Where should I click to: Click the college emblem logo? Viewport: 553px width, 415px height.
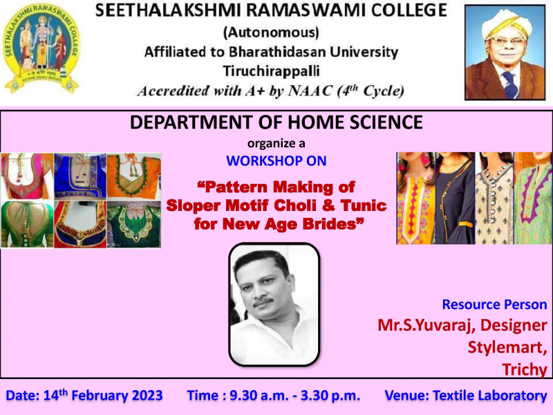click(41, 48)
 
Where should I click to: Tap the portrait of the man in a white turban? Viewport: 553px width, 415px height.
click(505, 53)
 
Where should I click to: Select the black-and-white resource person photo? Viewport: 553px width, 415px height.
click(274, 304)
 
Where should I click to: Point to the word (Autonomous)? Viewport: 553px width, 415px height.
click(271, 33)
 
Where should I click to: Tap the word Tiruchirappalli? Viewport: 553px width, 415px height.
click(271, 71)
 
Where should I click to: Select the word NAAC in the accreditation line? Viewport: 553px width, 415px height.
click(310, 91)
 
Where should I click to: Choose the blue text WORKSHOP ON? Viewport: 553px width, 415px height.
click(276, 161)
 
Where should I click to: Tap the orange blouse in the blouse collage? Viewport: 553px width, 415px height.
click(134, 176)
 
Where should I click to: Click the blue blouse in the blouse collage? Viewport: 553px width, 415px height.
click(80, 176)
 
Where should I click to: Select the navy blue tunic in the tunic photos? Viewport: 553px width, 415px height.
click(455, 198)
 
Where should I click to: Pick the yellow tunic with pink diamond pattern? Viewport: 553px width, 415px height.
click(416, 198)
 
